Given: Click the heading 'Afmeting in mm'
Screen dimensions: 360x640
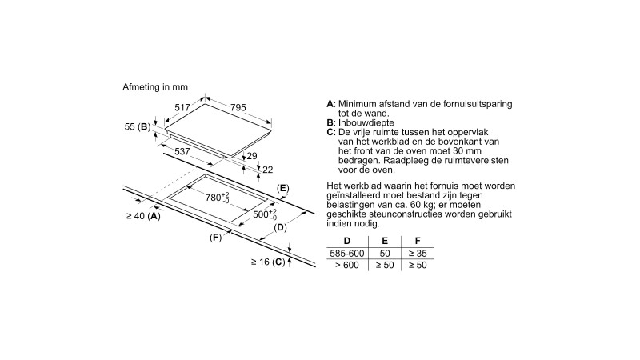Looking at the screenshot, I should [x=154, y=85].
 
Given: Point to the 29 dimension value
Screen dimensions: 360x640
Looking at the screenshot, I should [x=251, y=157].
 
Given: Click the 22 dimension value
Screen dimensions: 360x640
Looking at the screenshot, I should [x=267, y=169].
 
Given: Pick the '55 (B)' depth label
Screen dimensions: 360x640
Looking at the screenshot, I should [x=138, y=127].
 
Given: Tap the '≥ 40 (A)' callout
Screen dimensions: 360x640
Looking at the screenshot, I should [x=143, y=216].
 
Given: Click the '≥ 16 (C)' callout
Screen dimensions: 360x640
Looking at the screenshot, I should [x=268, y=262].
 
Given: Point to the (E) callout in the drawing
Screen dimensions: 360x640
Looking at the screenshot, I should [x=282, y=189].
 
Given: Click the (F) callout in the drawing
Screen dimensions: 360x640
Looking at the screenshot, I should [x=215, y=238].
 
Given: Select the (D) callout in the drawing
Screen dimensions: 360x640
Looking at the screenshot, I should [x=280, y=229].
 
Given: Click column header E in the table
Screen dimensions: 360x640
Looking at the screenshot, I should [x=385, y=241].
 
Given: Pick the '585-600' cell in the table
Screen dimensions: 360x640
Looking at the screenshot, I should [x=346, y=253].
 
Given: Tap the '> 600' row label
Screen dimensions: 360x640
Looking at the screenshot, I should [x=346, y=265].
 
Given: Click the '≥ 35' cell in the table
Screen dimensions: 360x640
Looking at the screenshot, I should [x=416, y=253].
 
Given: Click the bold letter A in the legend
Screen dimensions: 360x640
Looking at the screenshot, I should [x=330, y=105].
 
